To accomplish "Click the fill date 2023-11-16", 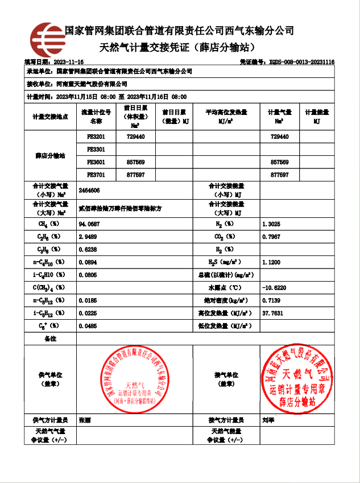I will click(68, 61).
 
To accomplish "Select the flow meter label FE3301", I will click(96, 150).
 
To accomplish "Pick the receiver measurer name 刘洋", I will click(268, 420).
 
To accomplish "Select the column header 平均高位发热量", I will click(226, 113).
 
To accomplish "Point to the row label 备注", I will click(50, 338).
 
